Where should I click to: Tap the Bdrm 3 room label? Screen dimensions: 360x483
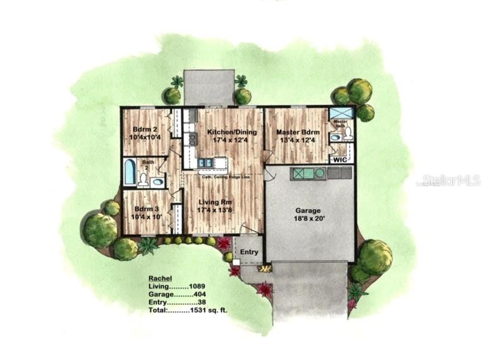coord(142,208)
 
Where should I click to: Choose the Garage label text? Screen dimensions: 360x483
coord(309,210)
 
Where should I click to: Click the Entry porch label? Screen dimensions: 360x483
coord(250,253)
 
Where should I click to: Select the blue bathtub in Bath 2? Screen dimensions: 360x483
coord(130,172)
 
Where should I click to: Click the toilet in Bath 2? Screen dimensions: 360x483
coord(144,180)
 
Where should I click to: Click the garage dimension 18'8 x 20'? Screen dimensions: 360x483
coord(309,219)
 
